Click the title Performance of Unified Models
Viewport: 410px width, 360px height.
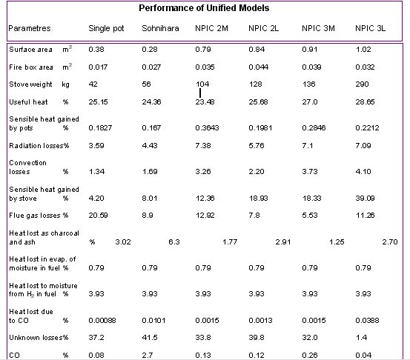point(204,8)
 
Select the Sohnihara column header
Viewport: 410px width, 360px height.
point(160,28)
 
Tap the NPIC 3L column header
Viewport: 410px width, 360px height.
point(370,28)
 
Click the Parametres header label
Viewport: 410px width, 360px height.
point(30,28)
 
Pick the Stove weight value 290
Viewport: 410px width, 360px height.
point(362,84)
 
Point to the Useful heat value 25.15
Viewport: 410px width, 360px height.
point(98,102)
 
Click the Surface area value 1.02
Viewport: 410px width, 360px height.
point(363,50)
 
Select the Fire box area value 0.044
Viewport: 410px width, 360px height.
point(258,67)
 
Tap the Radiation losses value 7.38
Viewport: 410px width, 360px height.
point(203,145)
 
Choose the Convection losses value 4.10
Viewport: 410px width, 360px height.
point(363,172)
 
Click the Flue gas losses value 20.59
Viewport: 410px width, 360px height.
point(98,216)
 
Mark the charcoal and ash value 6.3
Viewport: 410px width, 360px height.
point(174,242)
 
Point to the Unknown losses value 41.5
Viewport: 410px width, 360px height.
point(150,338)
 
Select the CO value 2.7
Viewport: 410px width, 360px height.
point(148,356)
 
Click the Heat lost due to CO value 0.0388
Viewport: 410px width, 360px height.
point(367,320)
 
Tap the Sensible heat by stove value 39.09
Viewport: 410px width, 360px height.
point(365,199)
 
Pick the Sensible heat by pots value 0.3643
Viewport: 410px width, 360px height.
point(207,127)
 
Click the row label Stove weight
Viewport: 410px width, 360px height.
point(30,84)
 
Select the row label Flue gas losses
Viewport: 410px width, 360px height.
point(35,216)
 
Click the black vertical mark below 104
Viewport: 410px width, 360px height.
point(200,93)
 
